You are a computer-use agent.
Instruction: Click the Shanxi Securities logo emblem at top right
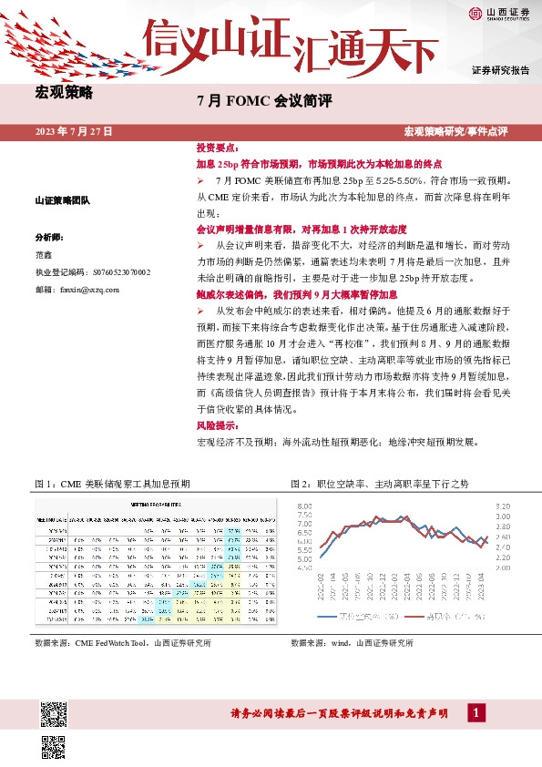[477, 13]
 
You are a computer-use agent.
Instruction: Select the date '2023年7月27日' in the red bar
[74, 132]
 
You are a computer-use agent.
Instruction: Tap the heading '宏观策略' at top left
[64, 92]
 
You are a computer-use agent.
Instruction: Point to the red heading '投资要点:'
[217, 147]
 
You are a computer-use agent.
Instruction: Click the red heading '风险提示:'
[217, 425]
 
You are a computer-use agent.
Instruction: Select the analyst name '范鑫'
[43, 254]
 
